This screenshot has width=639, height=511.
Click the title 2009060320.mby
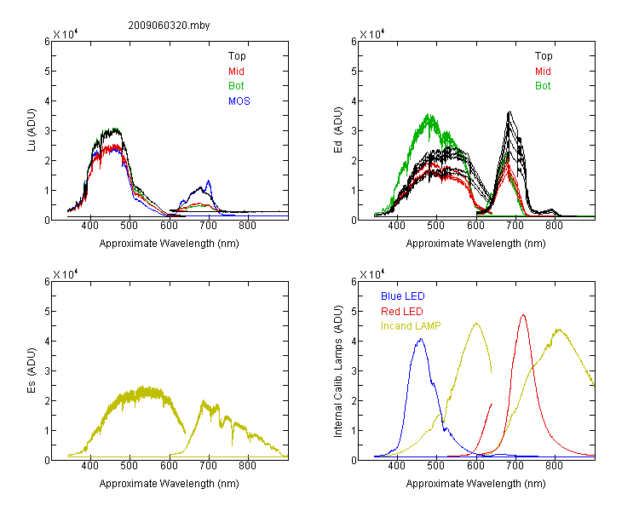tap(170, 26)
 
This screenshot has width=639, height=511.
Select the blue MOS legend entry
tap(239, 101)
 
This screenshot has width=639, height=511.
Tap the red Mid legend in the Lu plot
tap(236, 72)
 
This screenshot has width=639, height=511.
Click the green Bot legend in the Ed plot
tap(543, 86)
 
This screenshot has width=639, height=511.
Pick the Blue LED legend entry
tap(403, 296)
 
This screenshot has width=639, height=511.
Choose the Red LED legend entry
tap(402, 312)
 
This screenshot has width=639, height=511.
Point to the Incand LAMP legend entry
tap(411, 326)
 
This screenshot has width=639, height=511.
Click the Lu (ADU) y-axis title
tap(32, 130)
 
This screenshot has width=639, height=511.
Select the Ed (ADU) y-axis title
tap(338, 130)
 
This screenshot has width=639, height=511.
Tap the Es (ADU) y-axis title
tap(32, 370)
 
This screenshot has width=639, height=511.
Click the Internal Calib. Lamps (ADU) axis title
tap(338, 371)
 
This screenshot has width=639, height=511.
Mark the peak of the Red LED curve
tap(523, 314)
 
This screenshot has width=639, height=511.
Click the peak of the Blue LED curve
tap(421, 339)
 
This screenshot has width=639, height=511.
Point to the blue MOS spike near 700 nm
tap(209, 181)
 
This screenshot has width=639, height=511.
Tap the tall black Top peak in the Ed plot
tap(509, 112)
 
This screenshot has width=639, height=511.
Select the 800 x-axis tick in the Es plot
tap(247, 466)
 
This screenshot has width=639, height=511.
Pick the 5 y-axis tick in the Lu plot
tap(47, 72)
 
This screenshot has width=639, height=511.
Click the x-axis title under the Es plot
tap(170, 484)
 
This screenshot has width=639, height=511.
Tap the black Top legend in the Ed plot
tap(544, 56)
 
